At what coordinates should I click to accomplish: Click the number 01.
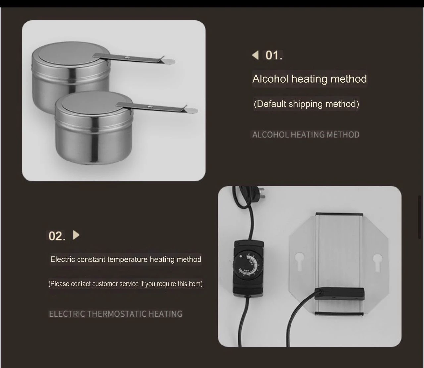coord(274,55)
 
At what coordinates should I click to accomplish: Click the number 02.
coord(57,236)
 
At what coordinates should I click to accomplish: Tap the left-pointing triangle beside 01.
coord(255,55)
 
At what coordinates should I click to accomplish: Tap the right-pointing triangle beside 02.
coord(76,235)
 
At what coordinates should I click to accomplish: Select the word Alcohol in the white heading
coord(270,79)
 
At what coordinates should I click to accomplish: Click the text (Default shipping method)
coord(306,104)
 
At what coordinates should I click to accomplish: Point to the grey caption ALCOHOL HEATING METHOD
coord(306,135)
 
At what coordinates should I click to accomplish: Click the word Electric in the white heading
coord(63,259)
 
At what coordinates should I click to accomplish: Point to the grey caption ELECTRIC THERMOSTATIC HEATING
coord(116,314)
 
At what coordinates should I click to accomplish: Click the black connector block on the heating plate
coord(339,293)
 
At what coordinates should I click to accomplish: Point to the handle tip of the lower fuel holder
coord(192,110)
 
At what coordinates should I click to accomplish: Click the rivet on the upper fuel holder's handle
coord(127,58)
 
